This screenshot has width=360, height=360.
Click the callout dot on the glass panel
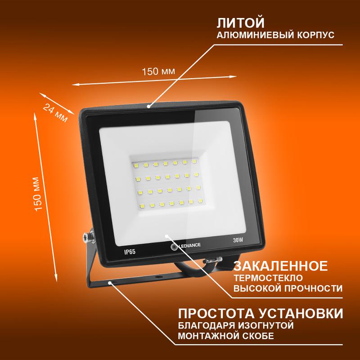coord(167,235)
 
